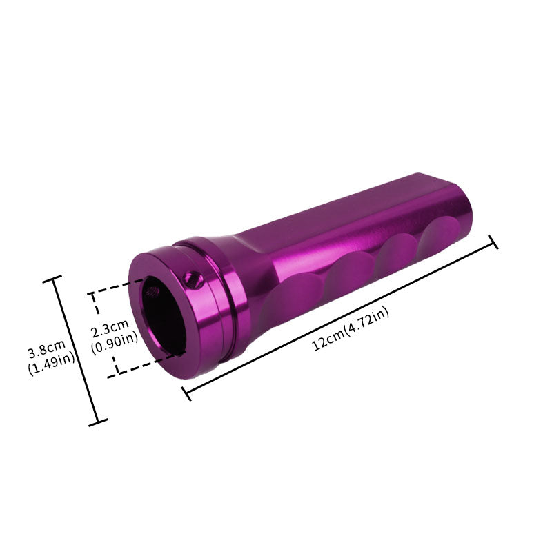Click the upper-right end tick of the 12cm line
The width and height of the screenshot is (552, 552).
point(493,241)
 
